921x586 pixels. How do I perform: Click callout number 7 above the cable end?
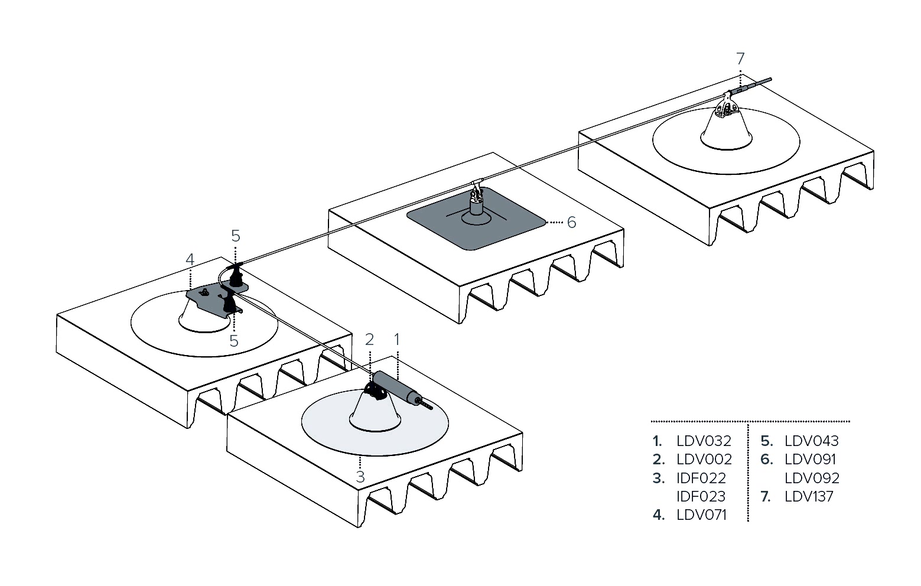click(740, 58)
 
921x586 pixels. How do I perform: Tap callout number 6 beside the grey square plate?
click(571, 223)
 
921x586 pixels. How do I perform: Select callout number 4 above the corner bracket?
click(190, 259)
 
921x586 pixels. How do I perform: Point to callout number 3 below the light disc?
click(360, 476)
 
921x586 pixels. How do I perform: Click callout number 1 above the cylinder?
click(397, 339)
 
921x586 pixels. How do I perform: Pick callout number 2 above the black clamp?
click(370, 339)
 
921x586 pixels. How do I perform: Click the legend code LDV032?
click(704, 441)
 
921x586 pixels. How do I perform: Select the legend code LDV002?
click(704, 459)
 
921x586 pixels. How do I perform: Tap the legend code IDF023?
click(701, 496)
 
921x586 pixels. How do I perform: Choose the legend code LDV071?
click(701, 515)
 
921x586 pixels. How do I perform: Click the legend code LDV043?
click(812, 441)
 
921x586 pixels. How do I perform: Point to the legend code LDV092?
click(812, 478)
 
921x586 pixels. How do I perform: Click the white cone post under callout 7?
click(726, 128)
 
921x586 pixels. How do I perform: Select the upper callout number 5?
click(236, 236)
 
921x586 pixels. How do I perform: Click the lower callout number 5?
click(234, 341)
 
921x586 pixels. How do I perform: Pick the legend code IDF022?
click(701, 478)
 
